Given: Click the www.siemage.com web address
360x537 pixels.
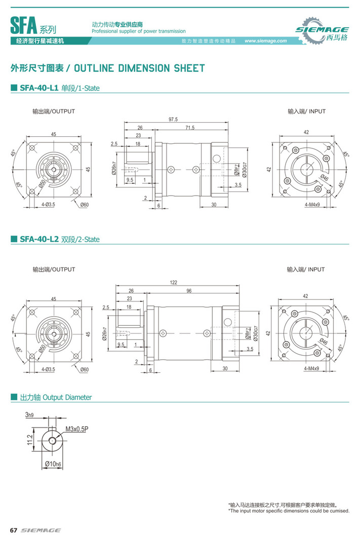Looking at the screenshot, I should pos(265,41).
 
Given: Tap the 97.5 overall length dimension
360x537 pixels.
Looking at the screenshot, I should pos(173,120).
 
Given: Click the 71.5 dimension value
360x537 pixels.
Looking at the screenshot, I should pos(190,128).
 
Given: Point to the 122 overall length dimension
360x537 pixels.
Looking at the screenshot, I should pos(173,282).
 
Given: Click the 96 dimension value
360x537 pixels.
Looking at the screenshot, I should pos(189,291).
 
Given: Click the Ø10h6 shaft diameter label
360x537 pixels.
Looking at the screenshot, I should pos(53,464).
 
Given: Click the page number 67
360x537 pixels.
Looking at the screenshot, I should pos(14,530).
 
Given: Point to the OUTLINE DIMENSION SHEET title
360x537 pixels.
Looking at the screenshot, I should pos(143,68).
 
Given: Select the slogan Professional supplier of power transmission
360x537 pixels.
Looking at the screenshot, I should pos(138,31).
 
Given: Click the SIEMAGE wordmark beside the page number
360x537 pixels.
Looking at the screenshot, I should pos(41,530).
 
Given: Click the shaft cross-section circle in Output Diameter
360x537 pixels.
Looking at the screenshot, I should pos(53,440).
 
